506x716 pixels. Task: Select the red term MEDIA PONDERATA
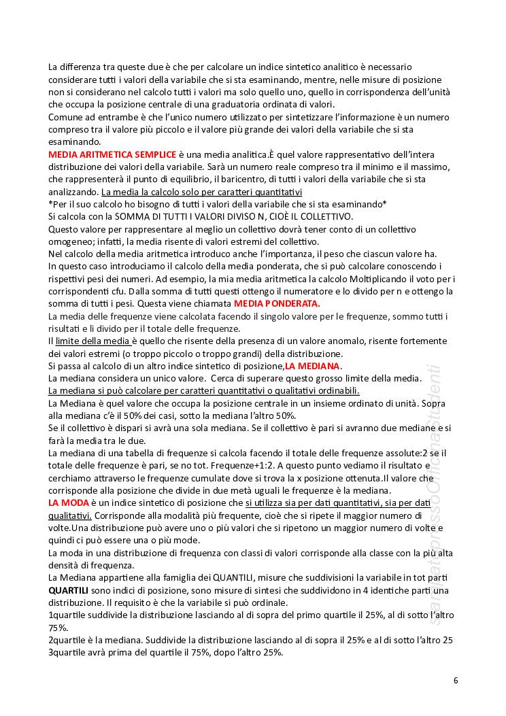click(276, 303)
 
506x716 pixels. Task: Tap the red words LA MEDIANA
click(312, 366)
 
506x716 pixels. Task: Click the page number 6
click(456, 680)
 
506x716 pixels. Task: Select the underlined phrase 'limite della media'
click(92, 341)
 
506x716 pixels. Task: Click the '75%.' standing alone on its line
click(58, 628)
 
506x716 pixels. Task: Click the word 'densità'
click(66, 565)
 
